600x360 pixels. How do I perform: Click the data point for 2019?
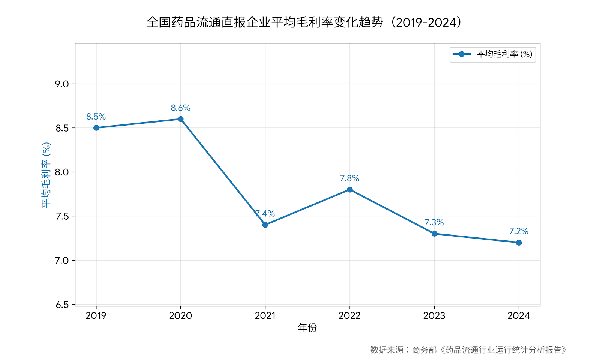coord(96,128)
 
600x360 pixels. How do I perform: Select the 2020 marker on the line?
coord(181,119)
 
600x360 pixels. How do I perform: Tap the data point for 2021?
coord(265,225)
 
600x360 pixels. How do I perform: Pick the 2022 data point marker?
coord(350,190)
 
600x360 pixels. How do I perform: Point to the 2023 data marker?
coord(434,234)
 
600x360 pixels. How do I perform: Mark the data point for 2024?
coord(519,243)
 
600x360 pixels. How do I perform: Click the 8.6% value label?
coord(181,108)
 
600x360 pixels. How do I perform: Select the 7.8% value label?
coord(350,178)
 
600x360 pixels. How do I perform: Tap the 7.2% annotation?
coord(519,231)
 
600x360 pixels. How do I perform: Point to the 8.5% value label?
coord(96,117)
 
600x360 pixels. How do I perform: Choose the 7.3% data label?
coord(434,222)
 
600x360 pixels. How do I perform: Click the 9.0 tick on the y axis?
coord(62,84)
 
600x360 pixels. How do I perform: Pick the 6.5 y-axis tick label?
coord(62,304)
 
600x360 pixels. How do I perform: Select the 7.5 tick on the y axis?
coord(62,216)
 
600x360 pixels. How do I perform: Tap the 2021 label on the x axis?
coord(265,316)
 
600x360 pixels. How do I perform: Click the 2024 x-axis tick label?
coord(519,316)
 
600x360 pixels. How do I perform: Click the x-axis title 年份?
coord(307,328)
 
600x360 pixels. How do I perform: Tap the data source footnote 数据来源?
coord(469,350)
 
